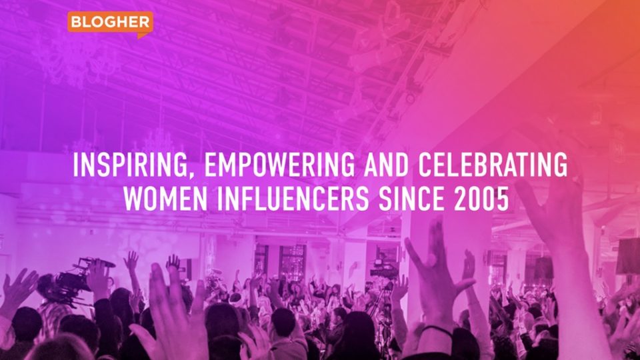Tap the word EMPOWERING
pyautogui.click(x=279, y=165)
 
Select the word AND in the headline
pyautogui.click(x=386, y=165)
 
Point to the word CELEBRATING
pyautogui.click(x=492, y=165)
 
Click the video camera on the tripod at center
pyautogui.click(x=384, y=270)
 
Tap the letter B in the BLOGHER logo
pyautogui.click(x=75, y=22)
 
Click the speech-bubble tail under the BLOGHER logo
pyautogui.click(x=143, y=35)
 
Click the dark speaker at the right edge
pyautogui.click(x=628, y=256)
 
